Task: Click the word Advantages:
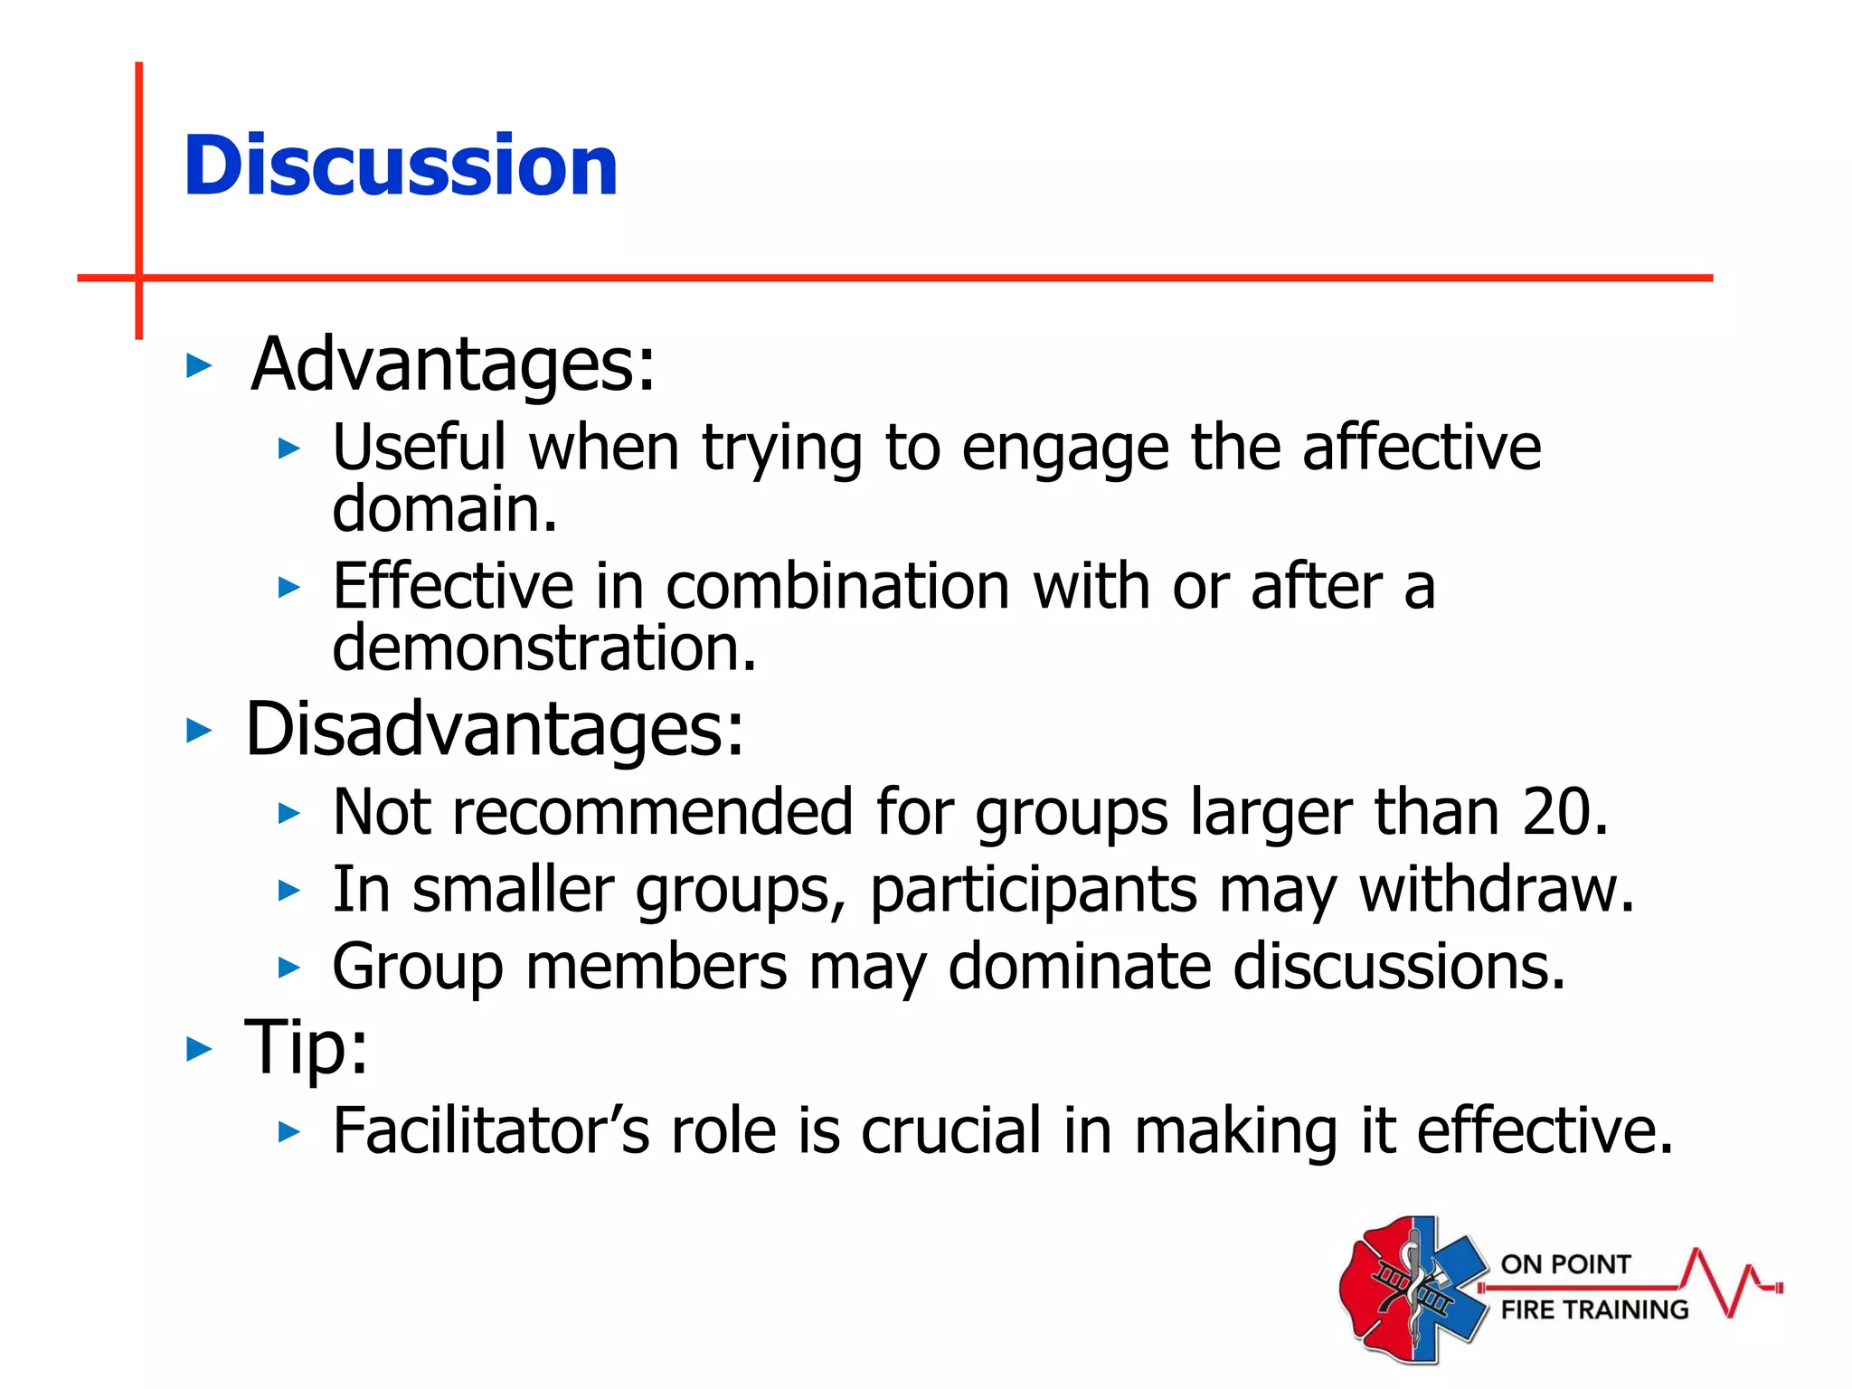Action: click(x=452, y=364)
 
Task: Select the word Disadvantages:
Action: click(x=494, y=730)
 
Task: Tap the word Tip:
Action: click(x=307, y=1048)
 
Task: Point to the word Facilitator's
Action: click(x=491, y=1131)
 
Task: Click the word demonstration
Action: click(x=543, y=648)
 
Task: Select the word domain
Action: click(x=443, y=509)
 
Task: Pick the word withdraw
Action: click(x=1497, y=890)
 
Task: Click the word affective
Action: click(x=1421, y=448)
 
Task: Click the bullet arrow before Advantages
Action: click(x=198, y=366)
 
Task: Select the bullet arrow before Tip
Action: click(x=198, y=1050)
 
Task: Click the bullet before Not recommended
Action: click(x=288, y=813)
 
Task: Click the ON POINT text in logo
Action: click(x=1565, y=1264)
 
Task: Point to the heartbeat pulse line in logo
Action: click(x=1729, y=1284)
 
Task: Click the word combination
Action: click(x=837, y=587)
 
